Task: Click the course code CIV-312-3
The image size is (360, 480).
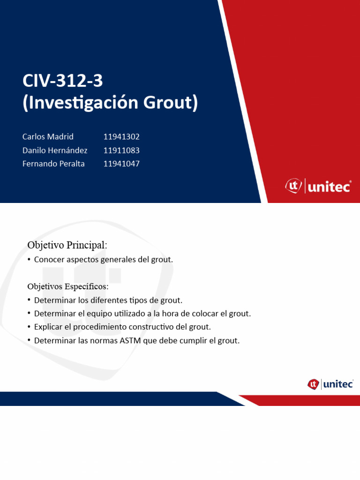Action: coord(62,81)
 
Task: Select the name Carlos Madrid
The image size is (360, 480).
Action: coord(48,136)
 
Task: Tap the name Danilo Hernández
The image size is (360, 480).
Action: coord(55,150)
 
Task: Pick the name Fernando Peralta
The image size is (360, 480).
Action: coord(53,164)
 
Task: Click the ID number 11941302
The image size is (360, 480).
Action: coord(121,136)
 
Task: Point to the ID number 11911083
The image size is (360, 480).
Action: coord(121,150)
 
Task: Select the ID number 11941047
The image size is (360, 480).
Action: coord(121,164)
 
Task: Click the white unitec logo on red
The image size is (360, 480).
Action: coord(318,186)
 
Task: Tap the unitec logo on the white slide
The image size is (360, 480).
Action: coord(330,384)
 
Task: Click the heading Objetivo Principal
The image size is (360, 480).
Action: coord(67,245)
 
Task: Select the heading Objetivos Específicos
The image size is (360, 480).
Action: coord(67,286)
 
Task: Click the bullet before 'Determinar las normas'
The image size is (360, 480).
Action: coord(29,340)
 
